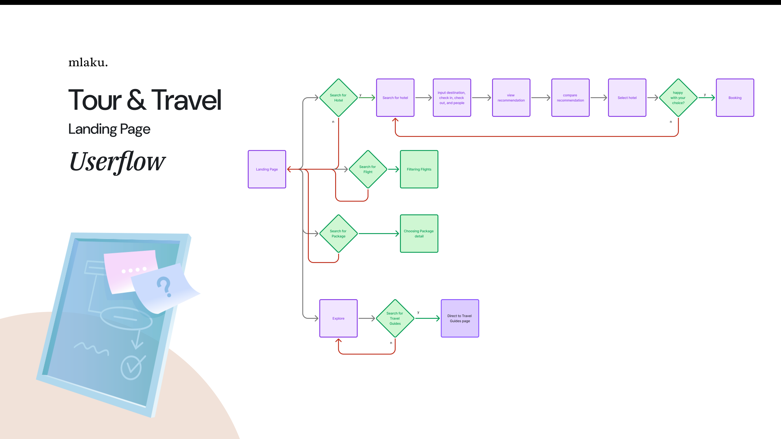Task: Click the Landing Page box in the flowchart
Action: [267, 169]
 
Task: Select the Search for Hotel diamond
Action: [338, 98]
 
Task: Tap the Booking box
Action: [735, 98]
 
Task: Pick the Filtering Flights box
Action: [419, 169]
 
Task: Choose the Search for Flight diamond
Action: [368, 169]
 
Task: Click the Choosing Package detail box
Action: [419, 233]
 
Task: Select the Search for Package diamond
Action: [338, 233]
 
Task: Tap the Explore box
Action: [338, 318]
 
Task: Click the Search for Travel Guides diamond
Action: [395, 318]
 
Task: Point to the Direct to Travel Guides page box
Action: [460, 318]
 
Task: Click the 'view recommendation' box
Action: [511, 98]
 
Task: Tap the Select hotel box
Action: [627, 98]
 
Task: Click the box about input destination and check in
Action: [452, 98]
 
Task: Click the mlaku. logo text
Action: [88, 62]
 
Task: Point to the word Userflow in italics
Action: [117, 162]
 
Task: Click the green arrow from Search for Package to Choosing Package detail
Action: [378, 233]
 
